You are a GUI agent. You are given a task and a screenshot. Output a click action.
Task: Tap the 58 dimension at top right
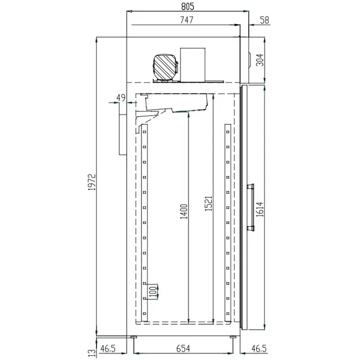(x=265, y=20)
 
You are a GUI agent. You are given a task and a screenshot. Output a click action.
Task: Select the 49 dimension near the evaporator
(x=120, y=98)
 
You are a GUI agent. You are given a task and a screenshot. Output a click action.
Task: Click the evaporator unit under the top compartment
(x=177, y=104)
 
